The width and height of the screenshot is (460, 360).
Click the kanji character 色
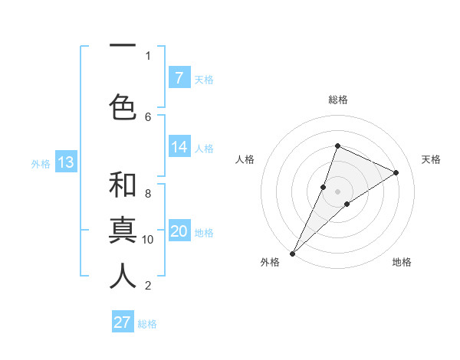pyautogui.click(x=123, y=106)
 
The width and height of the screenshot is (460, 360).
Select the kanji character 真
pyautogui.click(x=123, y=230)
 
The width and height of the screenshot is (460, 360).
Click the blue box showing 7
pyautogui.click(x=179, y=77)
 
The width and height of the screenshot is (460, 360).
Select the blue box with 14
pyautogui.click(x=179, y=147)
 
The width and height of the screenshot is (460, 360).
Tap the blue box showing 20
pyautogui.click(x=179, y=231)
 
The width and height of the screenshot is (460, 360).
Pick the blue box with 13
pyautogui.click(x=65, y=162)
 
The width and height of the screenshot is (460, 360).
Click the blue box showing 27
pyautogui.click(x=123, y=322)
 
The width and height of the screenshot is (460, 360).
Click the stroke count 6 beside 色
pyautogui.click(x=148, y=116)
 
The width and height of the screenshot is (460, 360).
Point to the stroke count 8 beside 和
pyautogui.click(x=148, y=194)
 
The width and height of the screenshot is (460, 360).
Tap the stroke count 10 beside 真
pyautogui.click(x=148, y=239)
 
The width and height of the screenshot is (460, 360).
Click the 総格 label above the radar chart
pyautogui.click(x=337, y=100)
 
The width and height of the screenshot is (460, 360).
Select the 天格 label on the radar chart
pyautogui.click(x=431, y=159)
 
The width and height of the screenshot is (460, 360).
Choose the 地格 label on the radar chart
pyautogui.click(x=402, y=262)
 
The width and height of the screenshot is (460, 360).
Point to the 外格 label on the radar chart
pyautogui.click(x=270, y=262)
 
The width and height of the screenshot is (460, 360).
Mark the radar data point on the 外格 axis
pyautogui.click(x=292, y=253)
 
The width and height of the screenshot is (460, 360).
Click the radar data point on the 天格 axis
pyautogui.click(x=396, y=172)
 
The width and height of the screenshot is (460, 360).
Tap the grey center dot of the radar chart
pyautogui.click(x=337, y=191)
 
